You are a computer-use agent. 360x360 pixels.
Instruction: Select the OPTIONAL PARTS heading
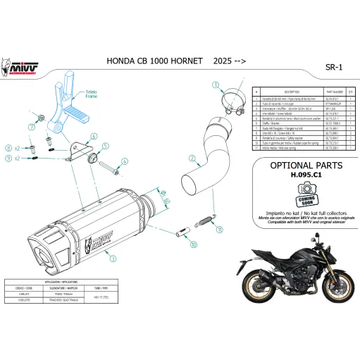[305, 166]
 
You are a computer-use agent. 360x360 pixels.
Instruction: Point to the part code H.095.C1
[304, 178]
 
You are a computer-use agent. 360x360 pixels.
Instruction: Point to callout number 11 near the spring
[220, 229]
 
